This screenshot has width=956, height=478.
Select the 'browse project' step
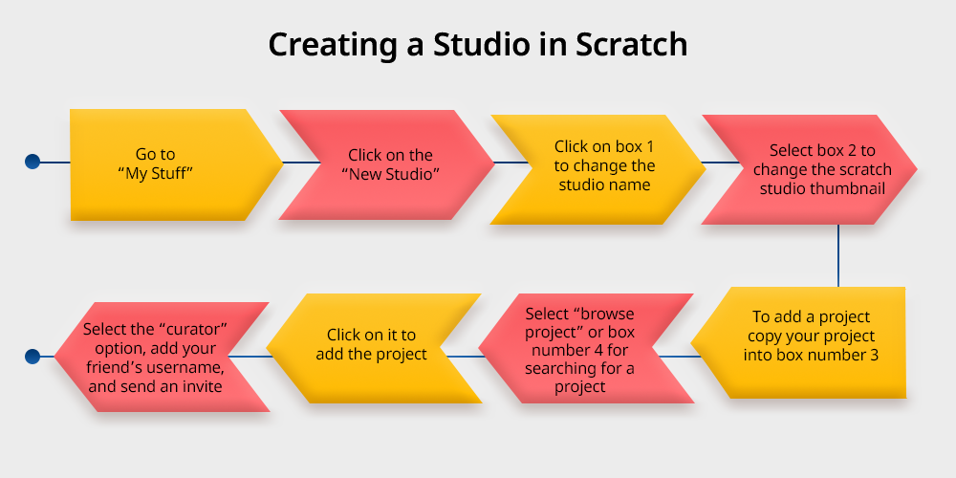(x=583, y=350)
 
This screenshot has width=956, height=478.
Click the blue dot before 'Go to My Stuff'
(x=33, y=163)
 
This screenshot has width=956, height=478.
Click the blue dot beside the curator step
(x=33, y=357)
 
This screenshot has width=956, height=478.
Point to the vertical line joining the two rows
(x=838, y=255)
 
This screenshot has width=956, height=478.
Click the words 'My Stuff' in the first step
(x=155, y=173)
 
